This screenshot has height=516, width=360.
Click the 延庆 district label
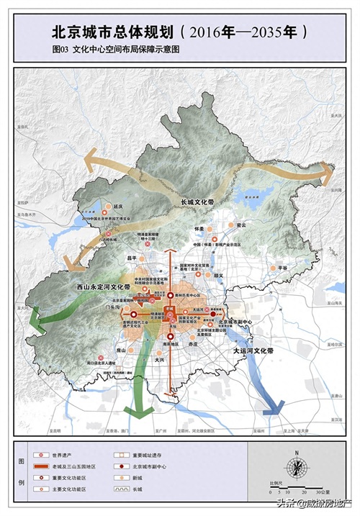pyautogui.click(x=120, y=205)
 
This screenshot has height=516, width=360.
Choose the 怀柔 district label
pyautogui.click(x=200, y=228)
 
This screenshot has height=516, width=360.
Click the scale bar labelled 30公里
pyautogui.click(x=297, y=489)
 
